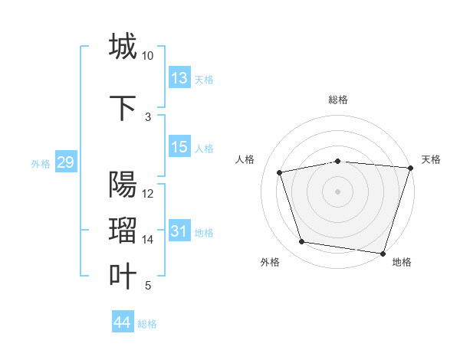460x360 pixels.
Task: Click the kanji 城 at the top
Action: [x=123, y=46]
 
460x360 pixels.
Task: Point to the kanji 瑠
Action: [x=123, y=231]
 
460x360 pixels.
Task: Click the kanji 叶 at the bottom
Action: [x=123, y=277]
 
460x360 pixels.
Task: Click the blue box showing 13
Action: [x=179, y=77]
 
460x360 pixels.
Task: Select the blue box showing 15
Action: [x=179, y=147]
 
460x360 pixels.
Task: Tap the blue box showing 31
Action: [x=179, y=231]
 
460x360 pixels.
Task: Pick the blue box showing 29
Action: [x=65, y=162]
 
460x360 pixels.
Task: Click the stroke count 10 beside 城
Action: [x=148, y=56]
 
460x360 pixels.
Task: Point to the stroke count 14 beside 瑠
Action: [x=148, y=240]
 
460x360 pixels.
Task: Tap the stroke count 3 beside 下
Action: [x=148, y=117]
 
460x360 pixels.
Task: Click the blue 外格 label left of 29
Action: [x=40, y=163]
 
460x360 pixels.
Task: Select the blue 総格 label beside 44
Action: [x=147, y=324]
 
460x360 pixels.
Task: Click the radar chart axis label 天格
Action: [x=432, y=159]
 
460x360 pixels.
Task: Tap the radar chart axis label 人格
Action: [x=245, y=159]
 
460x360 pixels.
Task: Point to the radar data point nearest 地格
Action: [x=383, y=253]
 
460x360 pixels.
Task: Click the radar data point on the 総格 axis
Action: [x=337, y=161]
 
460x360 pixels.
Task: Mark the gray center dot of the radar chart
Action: [x=337, y=191]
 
